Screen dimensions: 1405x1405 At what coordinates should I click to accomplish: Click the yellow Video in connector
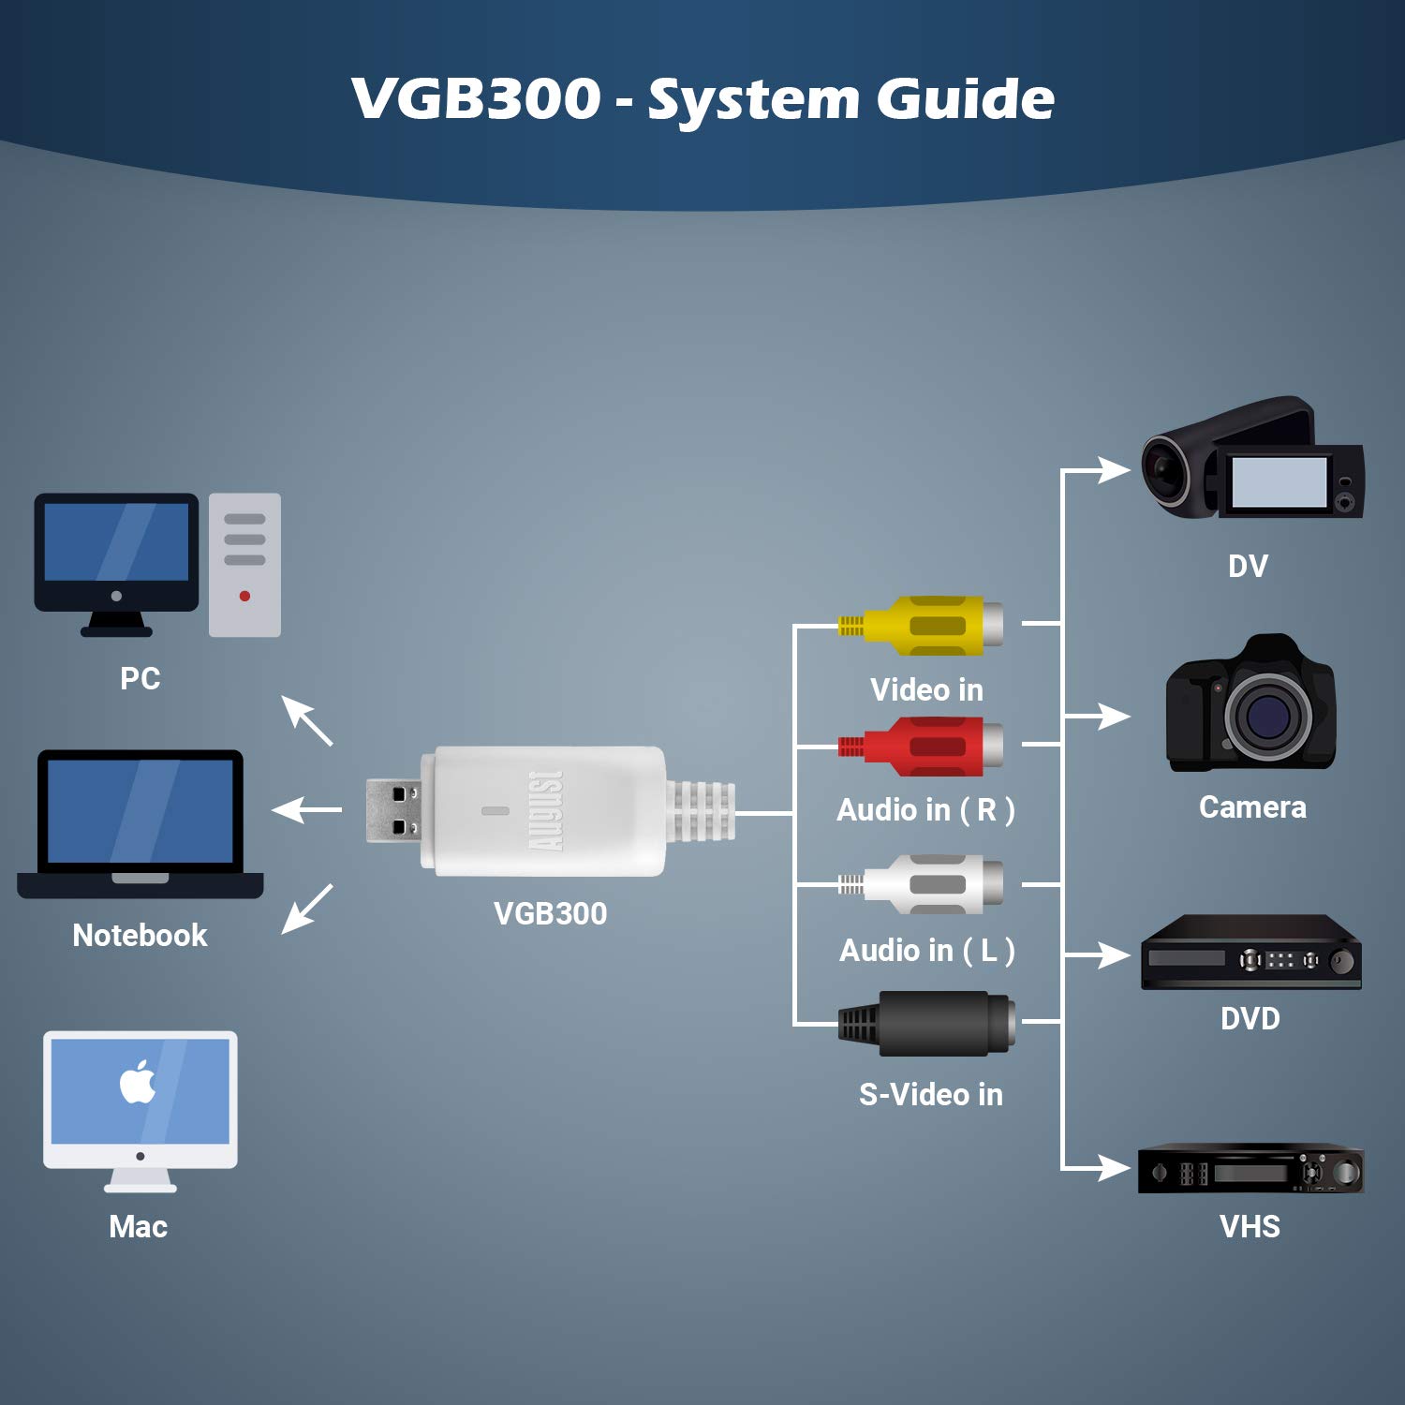tap(923, 625)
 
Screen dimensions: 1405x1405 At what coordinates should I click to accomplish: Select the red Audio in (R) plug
tap(923, 746)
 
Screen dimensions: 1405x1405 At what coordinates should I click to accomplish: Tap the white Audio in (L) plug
tap(923, 883)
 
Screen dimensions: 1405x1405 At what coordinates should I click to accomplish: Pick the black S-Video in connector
tap(927, 1023)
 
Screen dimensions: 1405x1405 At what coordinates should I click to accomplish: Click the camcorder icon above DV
tap(1251, 459)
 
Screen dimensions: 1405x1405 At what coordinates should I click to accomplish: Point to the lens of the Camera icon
tap(1265, 717)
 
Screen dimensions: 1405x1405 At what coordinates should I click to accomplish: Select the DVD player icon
tap(1250, 954)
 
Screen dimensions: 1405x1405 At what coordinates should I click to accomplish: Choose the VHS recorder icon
tap(1250, 1169)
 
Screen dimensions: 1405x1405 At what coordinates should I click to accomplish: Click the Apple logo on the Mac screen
tap(138, 1083)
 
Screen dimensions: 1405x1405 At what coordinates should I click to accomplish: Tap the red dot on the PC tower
tap(244, 596)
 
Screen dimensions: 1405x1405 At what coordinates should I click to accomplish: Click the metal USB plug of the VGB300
tap(392, 810)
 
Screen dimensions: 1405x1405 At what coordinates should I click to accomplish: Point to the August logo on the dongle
tap(547, 811)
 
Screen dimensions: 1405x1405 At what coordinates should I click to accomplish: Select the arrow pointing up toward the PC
tap(307, 720)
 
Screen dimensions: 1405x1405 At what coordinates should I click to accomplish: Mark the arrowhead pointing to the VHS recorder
tap(1114, 1168)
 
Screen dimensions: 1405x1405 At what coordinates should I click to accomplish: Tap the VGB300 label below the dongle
tap(550, 913)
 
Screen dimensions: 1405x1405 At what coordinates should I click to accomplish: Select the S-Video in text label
tap(930, 1094)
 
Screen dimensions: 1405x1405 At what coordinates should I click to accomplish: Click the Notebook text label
tap(140, 935)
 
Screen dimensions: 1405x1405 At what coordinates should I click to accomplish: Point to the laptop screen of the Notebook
tap(140, 811)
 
